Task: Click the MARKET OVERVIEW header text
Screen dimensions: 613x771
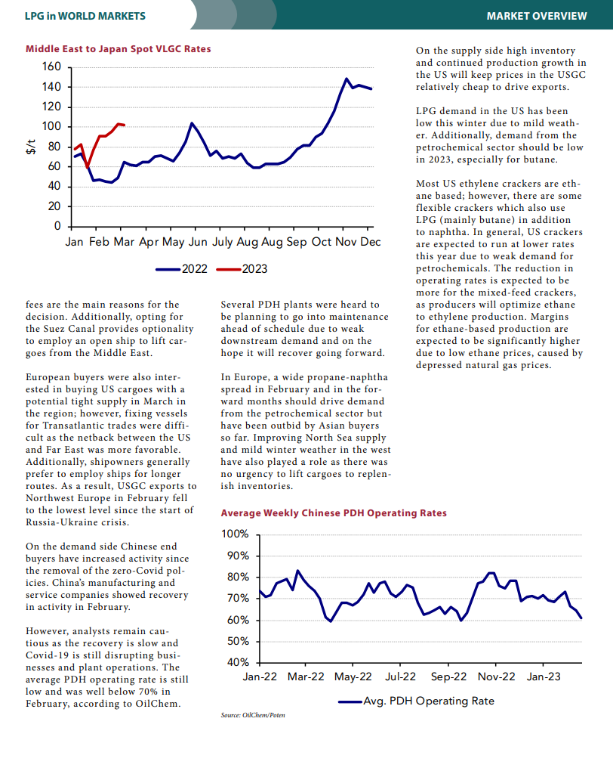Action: tap(536, 16)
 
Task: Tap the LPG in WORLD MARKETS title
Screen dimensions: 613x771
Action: tap(85, 16)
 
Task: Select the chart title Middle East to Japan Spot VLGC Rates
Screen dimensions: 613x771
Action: tap(119, 48)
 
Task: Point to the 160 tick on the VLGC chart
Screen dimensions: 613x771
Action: tap(51, 67)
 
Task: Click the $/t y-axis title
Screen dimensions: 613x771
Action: tap(31, 147)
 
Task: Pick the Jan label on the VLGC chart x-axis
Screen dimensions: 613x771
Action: tap(74, 242)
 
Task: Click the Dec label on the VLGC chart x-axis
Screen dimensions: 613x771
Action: tap(371, 242)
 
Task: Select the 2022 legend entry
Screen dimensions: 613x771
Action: tap(182, 269)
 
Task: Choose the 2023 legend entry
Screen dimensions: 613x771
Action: tap(242, 269)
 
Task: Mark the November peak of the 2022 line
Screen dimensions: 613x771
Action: tap(347, 79)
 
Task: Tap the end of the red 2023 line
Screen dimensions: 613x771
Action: tap(125, 125)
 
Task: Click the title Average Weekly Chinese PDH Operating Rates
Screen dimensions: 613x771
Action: tap(334, 512)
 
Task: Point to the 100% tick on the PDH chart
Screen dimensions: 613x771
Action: tap(236, 534)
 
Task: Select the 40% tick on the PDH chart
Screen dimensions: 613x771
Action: tap(239, 662)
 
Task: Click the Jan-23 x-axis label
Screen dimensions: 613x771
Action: tap(544, 677)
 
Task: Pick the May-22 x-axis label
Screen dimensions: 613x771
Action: tap(353, 677)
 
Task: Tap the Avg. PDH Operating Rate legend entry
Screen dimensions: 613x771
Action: tap(417, 701)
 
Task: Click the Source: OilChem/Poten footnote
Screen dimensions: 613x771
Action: tap(253, 715)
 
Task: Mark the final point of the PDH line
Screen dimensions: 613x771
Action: tap(581, 618)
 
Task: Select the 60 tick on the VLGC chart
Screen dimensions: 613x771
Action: tap(54, 166)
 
